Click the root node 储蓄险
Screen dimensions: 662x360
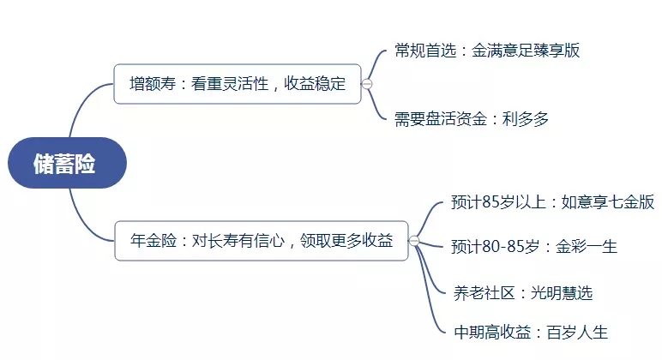(67, 163)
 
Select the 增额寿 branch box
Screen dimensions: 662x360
(238, 83)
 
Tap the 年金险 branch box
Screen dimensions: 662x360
(262, 241)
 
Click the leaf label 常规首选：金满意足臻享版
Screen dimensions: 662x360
(487, 51)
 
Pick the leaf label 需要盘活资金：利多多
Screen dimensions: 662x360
(472, 118)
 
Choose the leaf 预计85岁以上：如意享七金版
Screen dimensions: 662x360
(552, 201)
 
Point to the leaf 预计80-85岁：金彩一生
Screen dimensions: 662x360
(534, 246)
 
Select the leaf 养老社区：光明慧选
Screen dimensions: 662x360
(523, 292)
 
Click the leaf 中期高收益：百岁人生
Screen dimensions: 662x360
(531, 333)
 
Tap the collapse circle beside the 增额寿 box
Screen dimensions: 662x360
(367, 84)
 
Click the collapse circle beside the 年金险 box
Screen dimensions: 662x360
(414, 241)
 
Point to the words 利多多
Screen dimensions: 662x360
(526, 118)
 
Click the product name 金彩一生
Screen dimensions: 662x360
(587, 246)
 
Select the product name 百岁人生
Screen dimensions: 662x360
(577, 333)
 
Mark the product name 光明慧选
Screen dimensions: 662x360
(562, 292)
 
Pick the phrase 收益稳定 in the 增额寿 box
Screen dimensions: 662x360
(315, 83)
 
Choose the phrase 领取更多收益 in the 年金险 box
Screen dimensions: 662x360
(346, 241)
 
